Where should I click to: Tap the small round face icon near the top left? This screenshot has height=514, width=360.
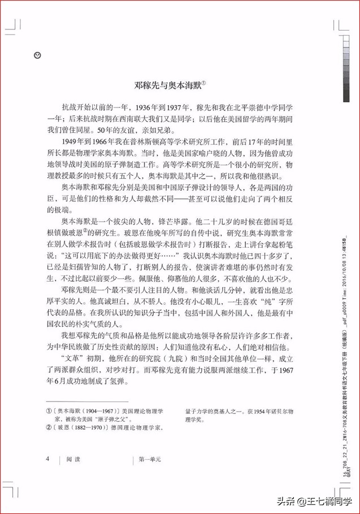[x=37, y=55]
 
